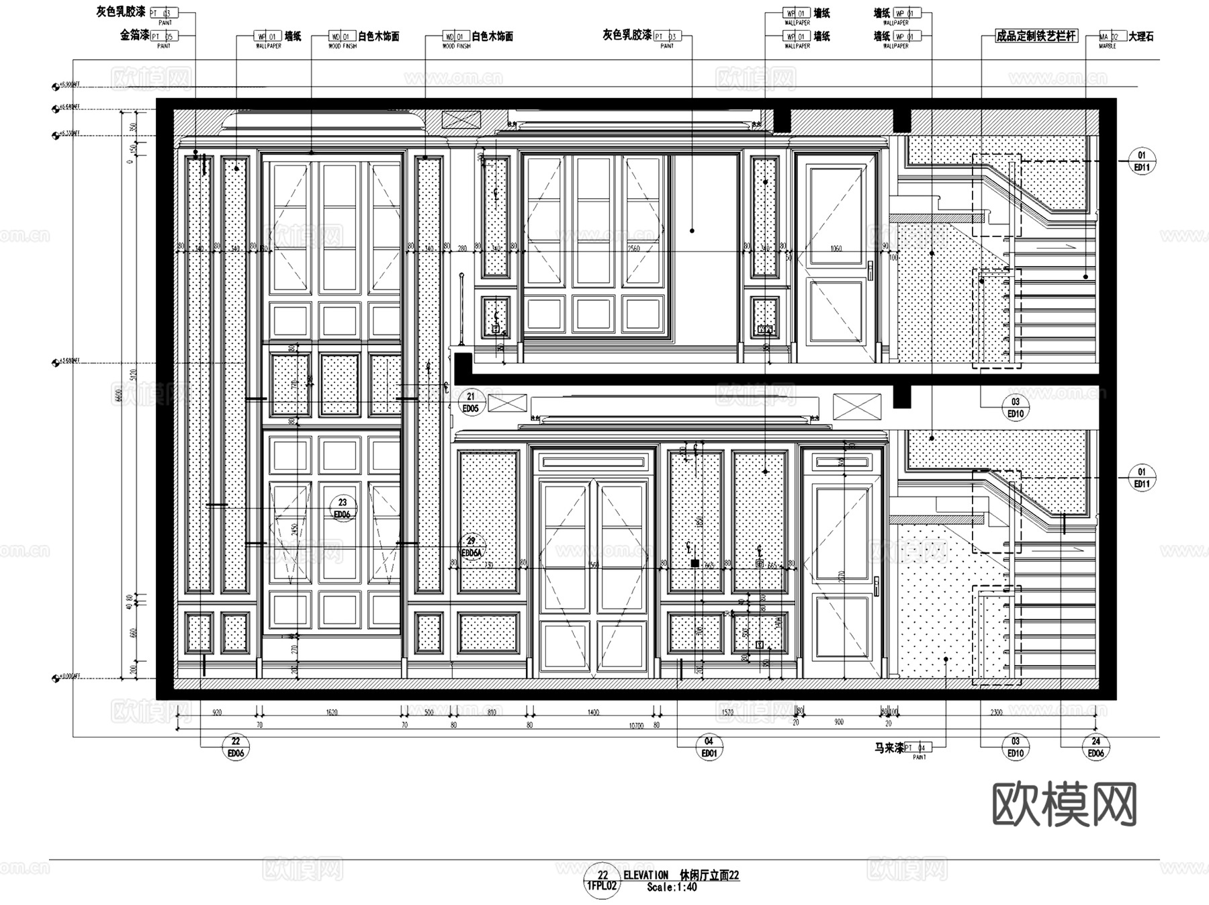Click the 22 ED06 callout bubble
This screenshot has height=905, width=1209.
(236, 747)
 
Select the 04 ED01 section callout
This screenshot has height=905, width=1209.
(709, 747)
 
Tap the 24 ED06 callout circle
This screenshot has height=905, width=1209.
(1095, 747)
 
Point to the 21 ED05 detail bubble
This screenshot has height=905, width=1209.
(470, 402)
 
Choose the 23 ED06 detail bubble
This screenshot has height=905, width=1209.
(342, 508)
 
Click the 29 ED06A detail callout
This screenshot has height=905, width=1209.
(472, 547)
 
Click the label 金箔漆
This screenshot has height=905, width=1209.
(134, 36)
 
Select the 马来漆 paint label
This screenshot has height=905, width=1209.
(889, 748)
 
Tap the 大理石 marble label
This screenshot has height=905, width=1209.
(1140, 36)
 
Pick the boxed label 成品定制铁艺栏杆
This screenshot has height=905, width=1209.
(1036, 36)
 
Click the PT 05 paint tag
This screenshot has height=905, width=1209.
(163, 36)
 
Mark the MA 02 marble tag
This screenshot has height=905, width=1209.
(1109, 36)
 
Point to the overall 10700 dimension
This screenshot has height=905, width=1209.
(635, 726)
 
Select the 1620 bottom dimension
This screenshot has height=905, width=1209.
(332, 712)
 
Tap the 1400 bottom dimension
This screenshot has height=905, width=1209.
(593, 712)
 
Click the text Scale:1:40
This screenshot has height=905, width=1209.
(672, 888)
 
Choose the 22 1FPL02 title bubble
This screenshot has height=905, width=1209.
(602, 881)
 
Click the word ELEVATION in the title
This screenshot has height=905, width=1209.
(646, 875)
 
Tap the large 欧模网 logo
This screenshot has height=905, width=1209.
(1064, 804)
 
